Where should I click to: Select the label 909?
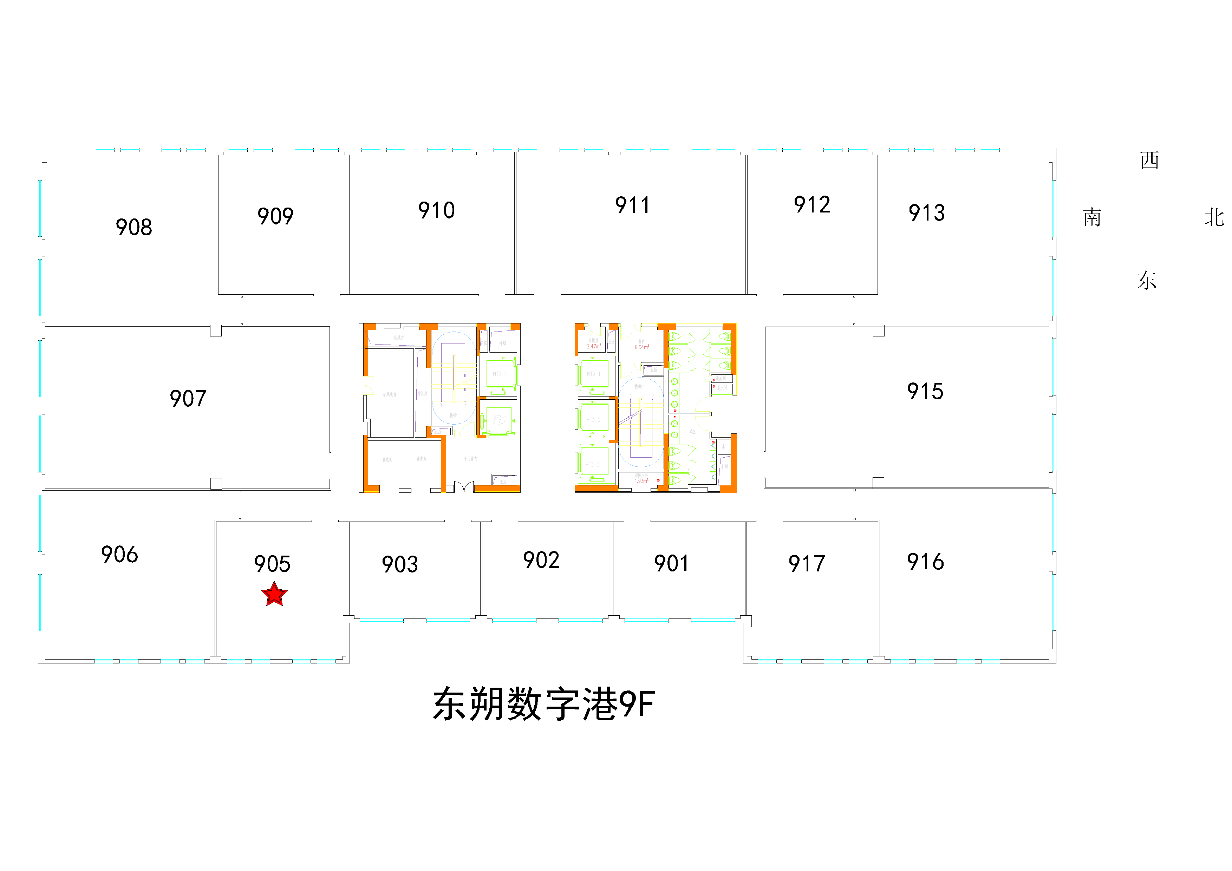[275, 216]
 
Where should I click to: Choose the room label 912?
[812, 204]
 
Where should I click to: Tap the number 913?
[927, 213]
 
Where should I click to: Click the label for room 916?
[925, 562]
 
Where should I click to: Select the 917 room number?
[807, 564]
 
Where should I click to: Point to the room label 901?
[671, 563]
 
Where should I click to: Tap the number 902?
[541, 560]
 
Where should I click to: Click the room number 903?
[400, 564]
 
